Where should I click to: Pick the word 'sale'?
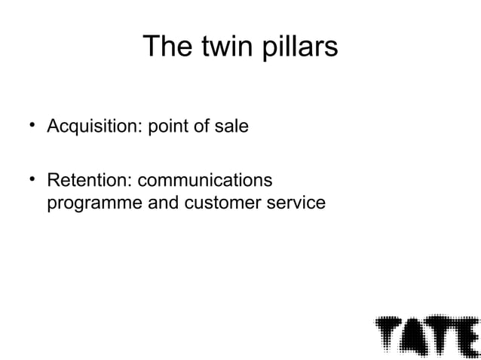231,127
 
